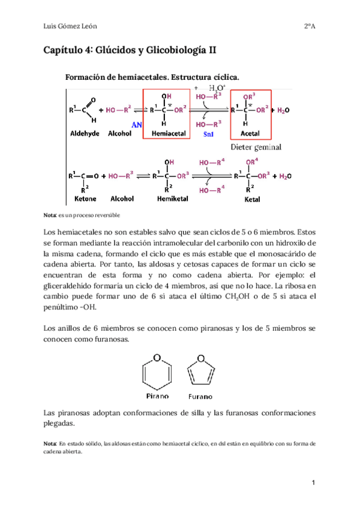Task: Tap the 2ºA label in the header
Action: tap(309, 26)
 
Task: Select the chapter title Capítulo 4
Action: tap(131, 52)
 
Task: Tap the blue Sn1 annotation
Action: tap(209, 134)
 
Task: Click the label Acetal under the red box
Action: tap(251, 133)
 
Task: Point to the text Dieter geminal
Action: tap(256, 147)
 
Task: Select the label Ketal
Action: tap(252, 199)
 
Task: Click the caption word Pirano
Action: tap(158, 396)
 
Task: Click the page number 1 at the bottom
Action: tap(313, 483)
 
